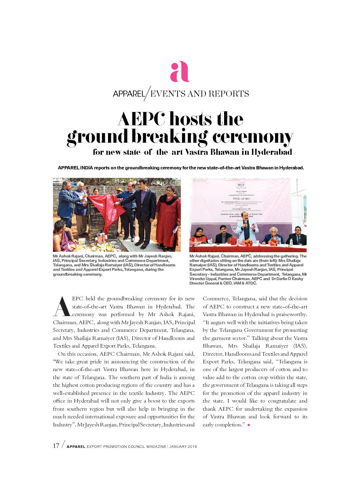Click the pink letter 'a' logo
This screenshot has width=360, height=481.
point(180,72)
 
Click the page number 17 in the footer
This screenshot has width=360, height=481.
point(57,446)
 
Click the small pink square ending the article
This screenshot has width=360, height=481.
point(248,425)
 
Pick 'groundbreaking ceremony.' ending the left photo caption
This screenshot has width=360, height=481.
point(78,274)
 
